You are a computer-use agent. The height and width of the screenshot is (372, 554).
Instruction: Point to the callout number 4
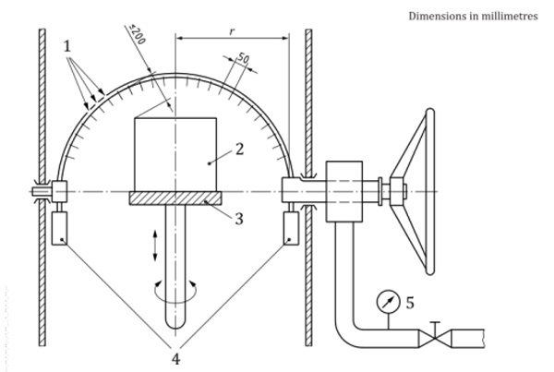click(176, 356)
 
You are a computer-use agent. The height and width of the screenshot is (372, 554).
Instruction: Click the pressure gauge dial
click(387, 300)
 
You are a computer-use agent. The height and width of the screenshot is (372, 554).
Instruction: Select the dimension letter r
click(231, 30)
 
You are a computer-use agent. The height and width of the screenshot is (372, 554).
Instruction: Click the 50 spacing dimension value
click(243, 59)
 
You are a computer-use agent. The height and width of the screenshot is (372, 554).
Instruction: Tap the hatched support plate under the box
click(175, 198)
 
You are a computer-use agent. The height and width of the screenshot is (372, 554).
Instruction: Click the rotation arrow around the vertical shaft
click(175, 292)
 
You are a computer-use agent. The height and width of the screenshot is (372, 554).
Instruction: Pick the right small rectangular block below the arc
click(293, 228)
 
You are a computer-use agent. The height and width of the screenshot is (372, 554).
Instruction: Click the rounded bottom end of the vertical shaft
click(175, 327)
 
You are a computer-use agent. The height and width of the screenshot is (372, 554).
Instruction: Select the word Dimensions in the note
click(433, 16)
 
